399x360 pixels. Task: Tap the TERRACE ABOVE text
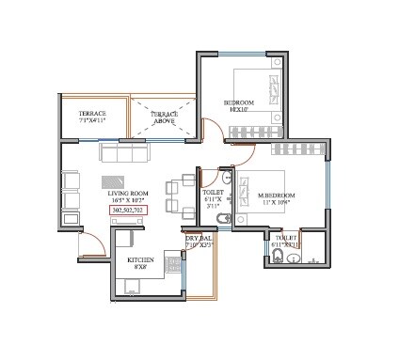[165, 117]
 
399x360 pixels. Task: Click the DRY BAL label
[199, 243]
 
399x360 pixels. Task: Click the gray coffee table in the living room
[115, 181]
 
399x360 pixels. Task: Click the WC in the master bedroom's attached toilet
[293, 254]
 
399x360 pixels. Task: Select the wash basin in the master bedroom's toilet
[272, 252]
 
